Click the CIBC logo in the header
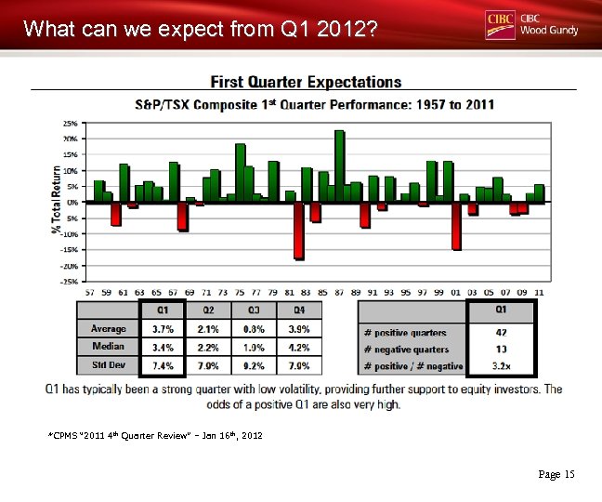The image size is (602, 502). coord(500,24)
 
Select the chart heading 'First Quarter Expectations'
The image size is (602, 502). coord(306,83)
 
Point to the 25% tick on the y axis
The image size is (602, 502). coord(70,123)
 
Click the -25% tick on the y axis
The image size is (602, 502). coord(69,280)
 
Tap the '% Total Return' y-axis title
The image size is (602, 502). coord(57,200)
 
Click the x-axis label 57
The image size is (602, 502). coord(90,291)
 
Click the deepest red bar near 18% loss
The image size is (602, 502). coord(298,230)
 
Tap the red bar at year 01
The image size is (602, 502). coord(456,225)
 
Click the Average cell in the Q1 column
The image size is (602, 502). coord(162,329)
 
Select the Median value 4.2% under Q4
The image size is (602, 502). coord(299,348)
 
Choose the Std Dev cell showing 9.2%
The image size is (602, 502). coord(254,365)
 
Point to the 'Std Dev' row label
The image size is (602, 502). coord(109,365)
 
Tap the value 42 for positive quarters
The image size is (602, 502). coord(501,332)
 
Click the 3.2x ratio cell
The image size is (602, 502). coord(501,366)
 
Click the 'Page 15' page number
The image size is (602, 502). coord(556,475)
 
